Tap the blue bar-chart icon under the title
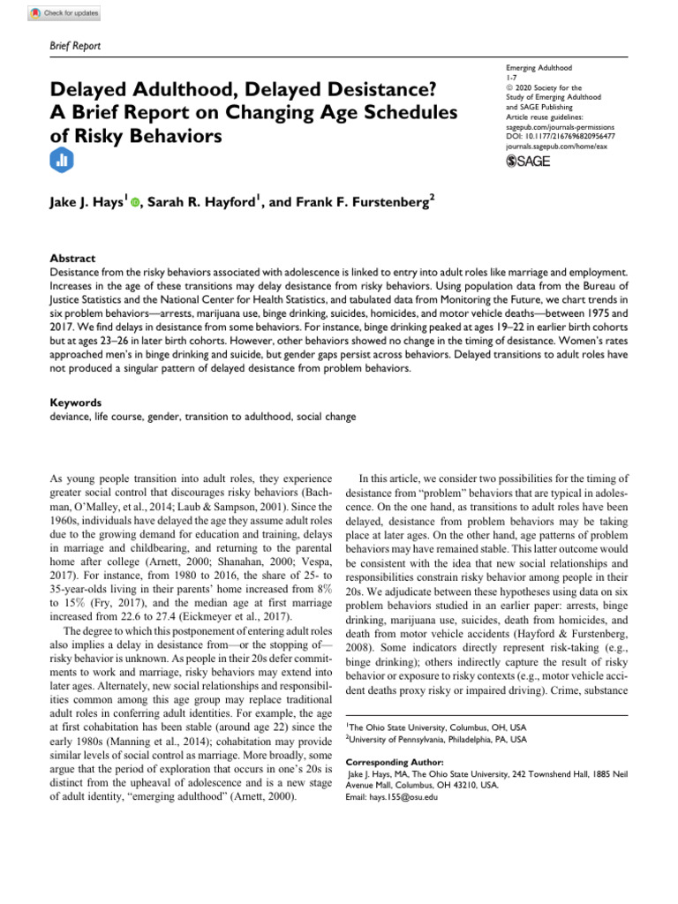tap(63, 160)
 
